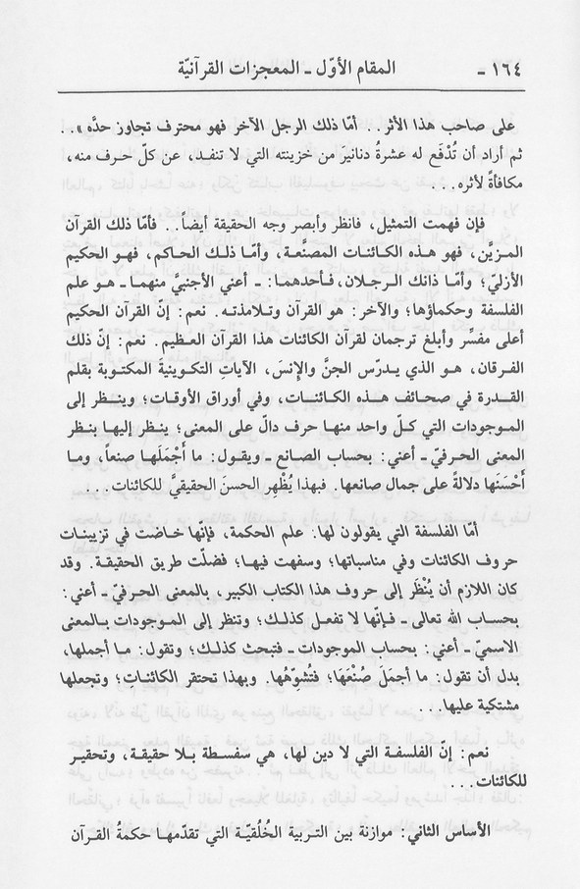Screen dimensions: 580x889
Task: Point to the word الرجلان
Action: pyautogui.click(x=387, y=290)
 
